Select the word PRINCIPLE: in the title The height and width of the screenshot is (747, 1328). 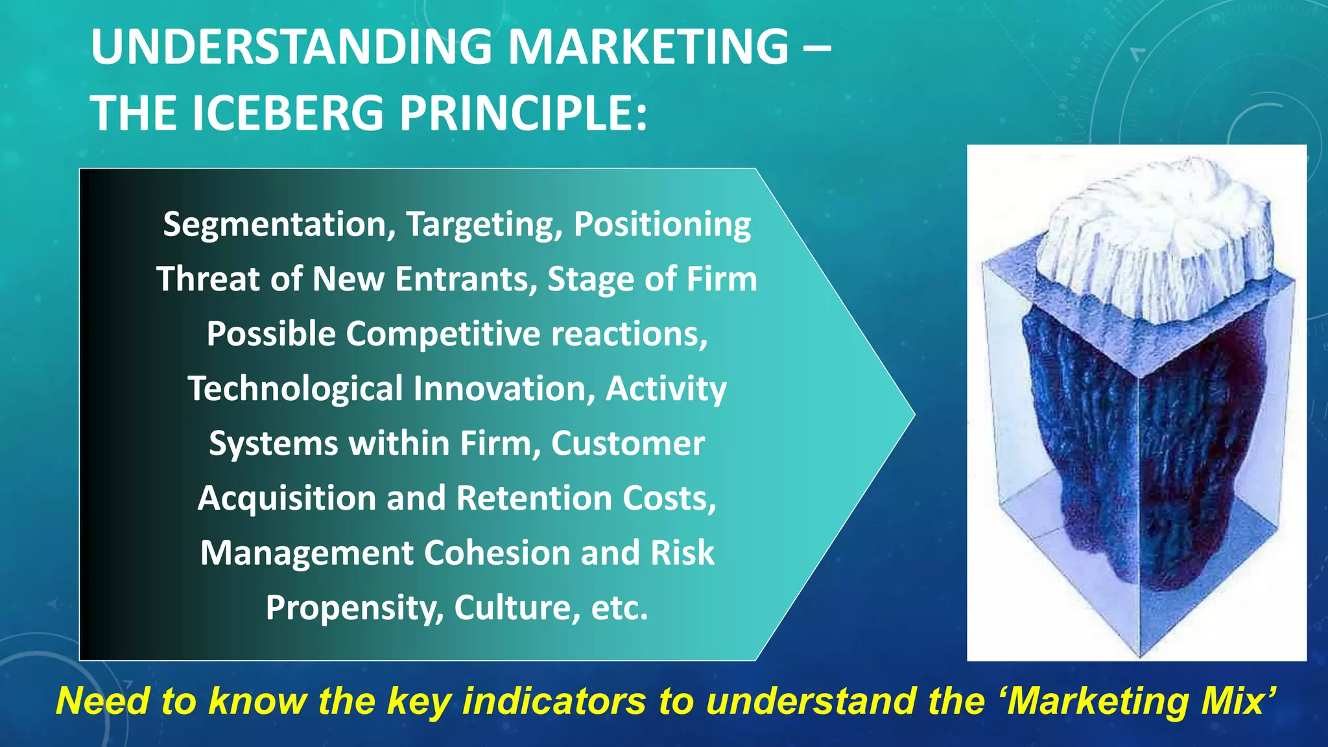(x=523, y=113)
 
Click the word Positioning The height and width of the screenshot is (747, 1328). (x=662, y=225)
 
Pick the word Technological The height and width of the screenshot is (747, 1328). (x=295, y=389)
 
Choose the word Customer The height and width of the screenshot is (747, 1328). (x=627, y=444)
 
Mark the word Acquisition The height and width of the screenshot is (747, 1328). (x=287, y=499)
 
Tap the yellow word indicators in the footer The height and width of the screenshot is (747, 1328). (x=554, y=702)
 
